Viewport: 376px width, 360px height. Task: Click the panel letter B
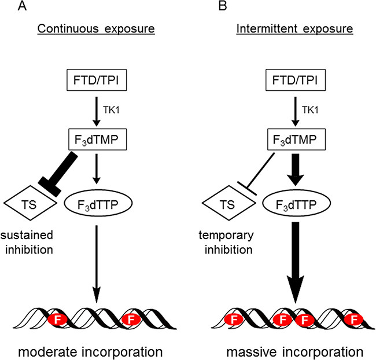tap(205, 6)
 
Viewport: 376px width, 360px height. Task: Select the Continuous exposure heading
tap(99, 28)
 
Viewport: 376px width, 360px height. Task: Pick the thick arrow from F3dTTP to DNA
tap(295, 260)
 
